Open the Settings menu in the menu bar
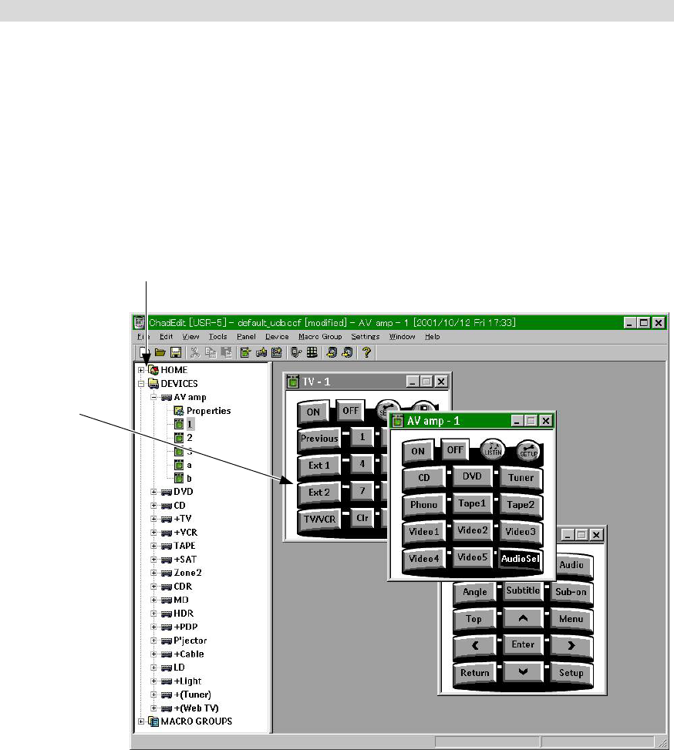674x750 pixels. (x=365, y=337)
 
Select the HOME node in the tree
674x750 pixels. (x=174, y=370)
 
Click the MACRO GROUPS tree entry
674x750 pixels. (x=196, y=721)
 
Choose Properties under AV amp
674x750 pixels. (x=208, y=411)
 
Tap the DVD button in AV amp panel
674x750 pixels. (x=472, y=477)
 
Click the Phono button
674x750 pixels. (x=423, y=505)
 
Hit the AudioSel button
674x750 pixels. (x=520, y=558)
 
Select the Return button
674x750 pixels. (x=475, y=672)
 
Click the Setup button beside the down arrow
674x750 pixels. (x=571, y=672)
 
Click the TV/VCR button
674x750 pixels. (x=320, y=519)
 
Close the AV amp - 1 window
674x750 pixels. (x=546, y=421)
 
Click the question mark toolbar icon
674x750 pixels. (x=367, y=352)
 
